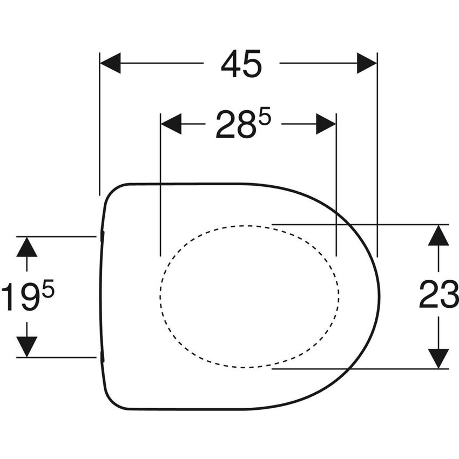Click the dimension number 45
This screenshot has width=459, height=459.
[x=241, y=64]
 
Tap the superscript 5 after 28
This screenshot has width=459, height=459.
[x=264, y=118]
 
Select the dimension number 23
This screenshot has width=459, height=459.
[x=438, y=296]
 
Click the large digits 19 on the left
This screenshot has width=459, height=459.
[x=21, y=299]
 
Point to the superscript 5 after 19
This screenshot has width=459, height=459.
[x=48, y=292]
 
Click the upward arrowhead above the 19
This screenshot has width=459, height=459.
[x=26, y=247]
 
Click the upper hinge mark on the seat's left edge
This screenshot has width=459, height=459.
[x=102, y=236]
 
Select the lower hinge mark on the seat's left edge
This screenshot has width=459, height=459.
[x=102, y=357]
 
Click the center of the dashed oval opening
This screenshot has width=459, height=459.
[x=249, y=295]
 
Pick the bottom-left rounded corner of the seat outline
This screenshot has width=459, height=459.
[x=111, y=400]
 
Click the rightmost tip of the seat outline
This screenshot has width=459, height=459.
[x=380, y=296]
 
